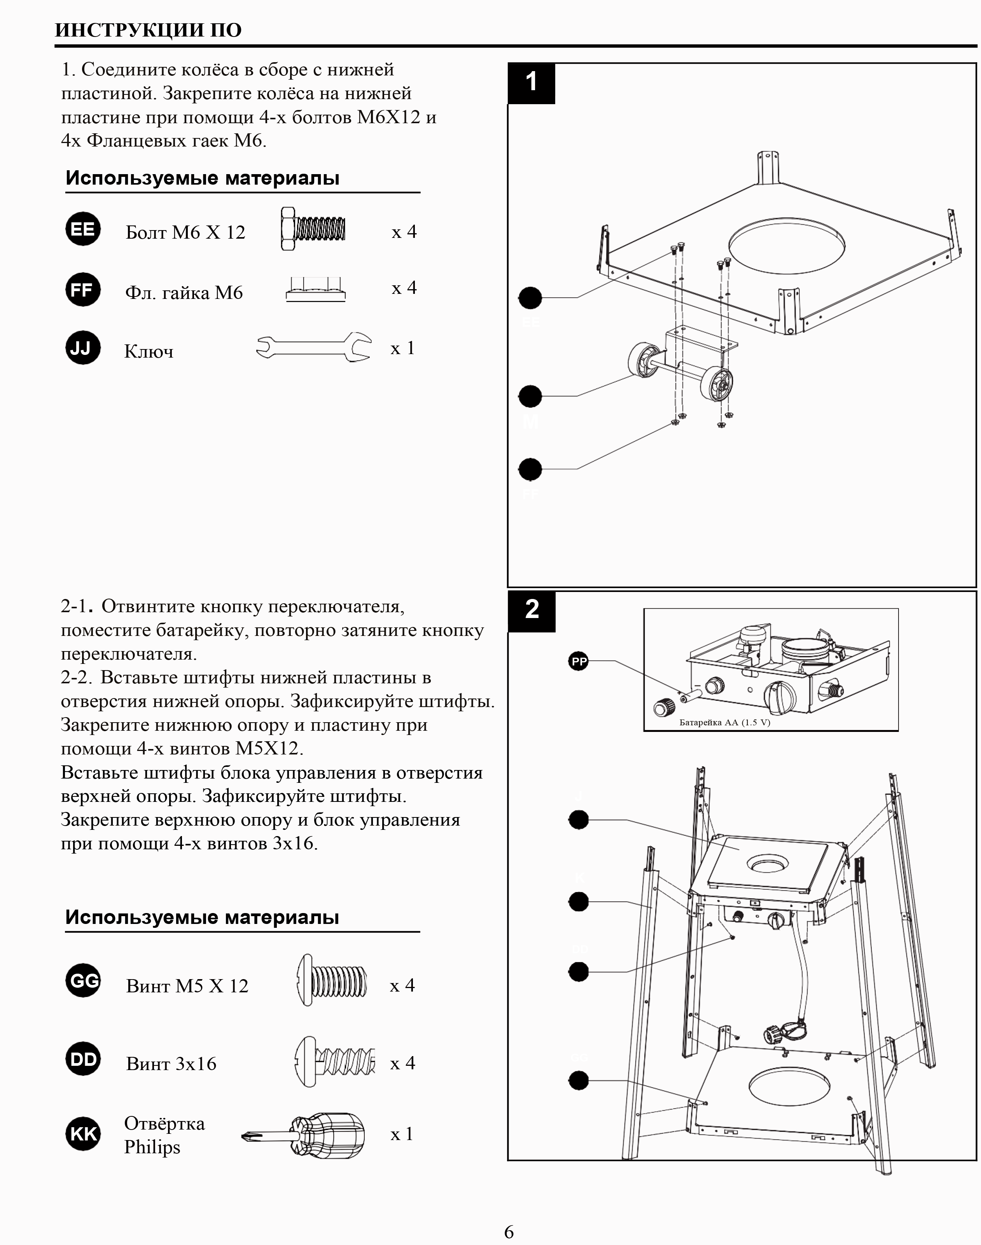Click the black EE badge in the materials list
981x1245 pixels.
(x=83, y=229)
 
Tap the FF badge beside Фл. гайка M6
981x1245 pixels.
(x=83, y=290)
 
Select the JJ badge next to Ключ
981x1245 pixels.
(x=83, y=347)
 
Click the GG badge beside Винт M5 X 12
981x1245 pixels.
(x=83, y=980)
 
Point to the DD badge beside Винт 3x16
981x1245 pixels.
(x=83, y=1058)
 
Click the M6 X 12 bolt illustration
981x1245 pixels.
(x=313, y=229)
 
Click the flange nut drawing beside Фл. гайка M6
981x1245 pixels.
(x=315, y=290)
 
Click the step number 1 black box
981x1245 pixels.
(x=531, y=83)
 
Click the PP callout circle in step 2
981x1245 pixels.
(x=579, y=662)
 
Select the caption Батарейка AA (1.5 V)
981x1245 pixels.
(x=724, y=723)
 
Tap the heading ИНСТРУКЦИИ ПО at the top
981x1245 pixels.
(x=148, y=30)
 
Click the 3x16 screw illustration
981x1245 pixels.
(x=335, y=1061)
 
